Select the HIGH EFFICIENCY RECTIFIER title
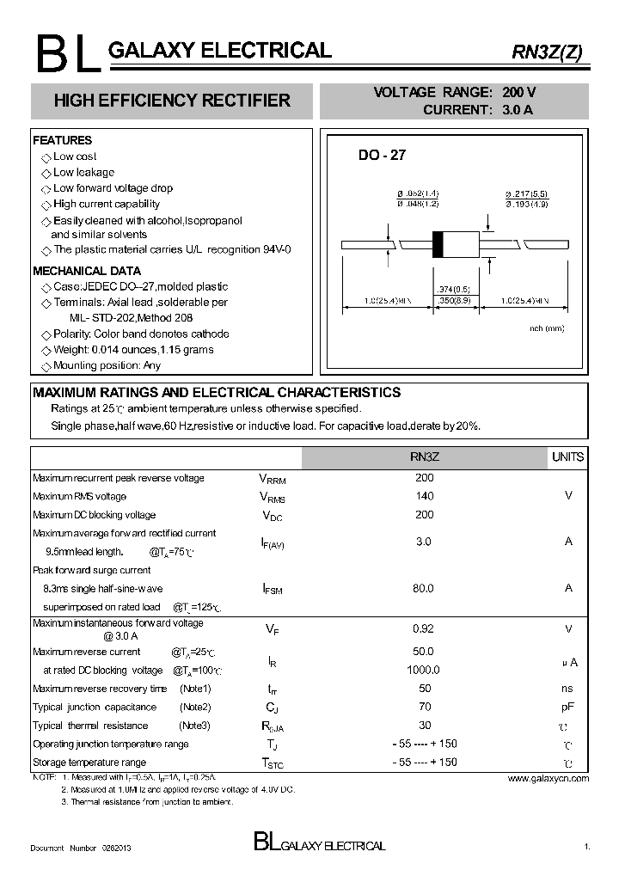[x=172, y=101]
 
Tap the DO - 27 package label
[x=382, y=156]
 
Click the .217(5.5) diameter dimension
[x=526, y=194]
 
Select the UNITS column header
[x=567, y=457]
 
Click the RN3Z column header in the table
[x=425, y=457]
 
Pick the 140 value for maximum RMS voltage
[x=425, y=496]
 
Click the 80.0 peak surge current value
[x=424, y=588]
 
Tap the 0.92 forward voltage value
[x=424, y=628]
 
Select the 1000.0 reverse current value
[x=424, y=670]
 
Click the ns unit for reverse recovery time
[x=567, y=689]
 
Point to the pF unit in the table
[x=567, y=707]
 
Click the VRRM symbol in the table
[x=272, y=479]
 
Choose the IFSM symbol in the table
[x=272, y=589]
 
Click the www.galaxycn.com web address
[x=548, y=778]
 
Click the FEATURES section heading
[x=62, y=140]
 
